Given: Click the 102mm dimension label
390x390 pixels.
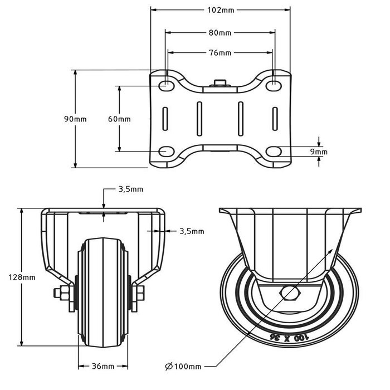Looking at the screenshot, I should click(221, 10).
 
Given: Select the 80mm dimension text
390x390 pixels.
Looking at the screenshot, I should click(220, 33).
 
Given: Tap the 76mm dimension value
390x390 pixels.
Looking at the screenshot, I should click(220, 53).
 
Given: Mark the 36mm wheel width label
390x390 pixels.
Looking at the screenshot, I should click(103, 366).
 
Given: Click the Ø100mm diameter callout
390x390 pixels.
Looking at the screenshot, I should click(183, 366).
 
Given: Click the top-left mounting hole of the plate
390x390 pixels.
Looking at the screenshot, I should click(166, 85).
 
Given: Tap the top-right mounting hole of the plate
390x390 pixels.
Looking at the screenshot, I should click(274, 85).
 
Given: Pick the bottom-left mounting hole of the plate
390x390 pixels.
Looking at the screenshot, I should click(166, 151).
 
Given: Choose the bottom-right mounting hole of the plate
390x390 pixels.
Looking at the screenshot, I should click(274, 151).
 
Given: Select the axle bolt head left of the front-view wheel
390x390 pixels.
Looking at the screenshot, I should click(58, 292).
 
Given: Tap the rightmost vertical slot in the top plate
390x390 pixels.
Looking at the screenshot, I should click(275, 119).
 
